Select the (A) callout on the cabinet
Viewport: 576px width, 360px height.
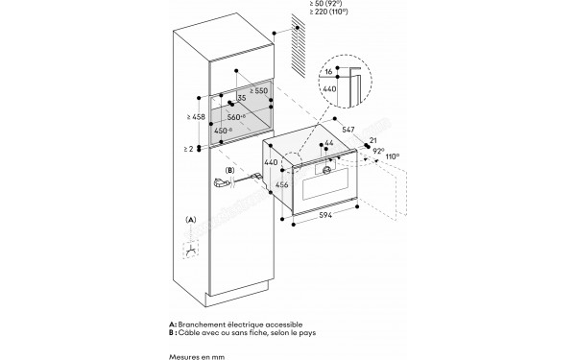pos(191,220)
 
